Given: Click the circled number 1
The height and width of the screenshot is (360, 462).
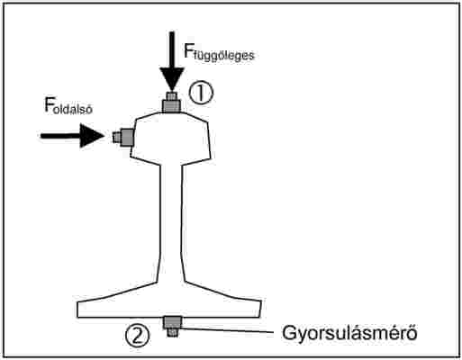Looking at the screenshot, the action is (x=201, y=93).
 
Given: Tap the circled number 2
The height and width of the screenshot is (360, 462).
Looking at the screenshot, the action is (x=137, y=336).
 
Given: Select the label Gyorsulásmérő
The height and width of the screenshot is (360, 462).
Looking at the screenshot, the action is (x=349, y=334).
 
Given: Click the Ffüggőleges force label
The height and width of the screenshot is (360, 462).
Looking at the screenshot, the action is (x=219, y=52).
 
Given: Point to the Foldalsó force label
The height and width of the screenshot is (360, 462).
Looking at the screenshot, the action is (x=68, y=106).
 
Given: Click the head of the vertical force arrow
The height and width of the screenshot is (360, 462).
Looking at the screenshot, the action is (x=172, y=79).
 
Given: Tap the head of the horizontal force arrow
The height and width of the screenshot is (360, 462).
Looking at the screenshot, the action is (x=92, y=136).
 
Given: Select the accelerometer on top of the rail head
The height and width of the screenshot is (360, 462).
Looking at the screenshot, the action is (x=171, y=103).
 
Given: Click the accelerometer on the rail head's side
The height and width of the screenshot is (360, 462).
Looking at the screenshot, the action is (x=123, y=138).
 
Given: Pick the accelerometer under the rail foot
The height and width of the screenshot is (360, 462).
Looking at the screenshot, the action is (x=172, y=326).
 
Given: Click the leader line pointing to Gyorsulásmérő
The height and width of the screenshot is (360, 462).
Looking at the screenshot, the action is (x=227, y=330).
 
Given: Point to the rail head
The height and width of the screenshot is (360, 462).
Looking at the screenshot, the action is (x=170, y=139).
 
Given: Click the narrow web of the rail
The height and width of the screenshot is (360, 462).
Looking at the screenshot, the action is (x=170, y=222).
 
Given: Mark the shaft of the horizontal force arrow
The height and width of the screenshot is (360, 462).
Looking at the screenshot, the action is (x=60, y=136).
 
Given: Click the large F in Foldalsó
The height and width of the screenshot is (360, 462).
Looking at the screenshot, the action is (x=50, y=104).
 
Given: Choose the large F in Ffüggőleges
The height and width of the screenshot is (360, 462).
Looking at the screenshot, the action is (x=188, y=50).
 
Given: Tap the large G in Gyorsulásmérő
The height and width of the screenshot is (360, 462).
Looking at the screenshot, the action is (x=289, y=332).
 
